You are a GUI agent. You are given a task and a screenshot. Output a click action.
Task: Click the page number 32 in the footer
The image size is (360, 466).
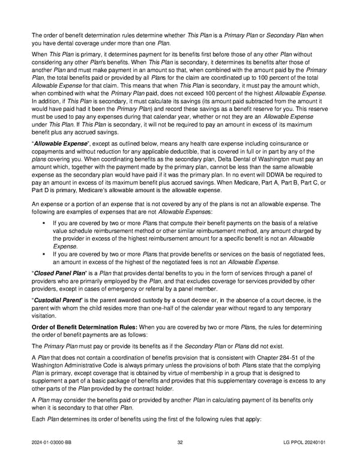click(x=180, y=443)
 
